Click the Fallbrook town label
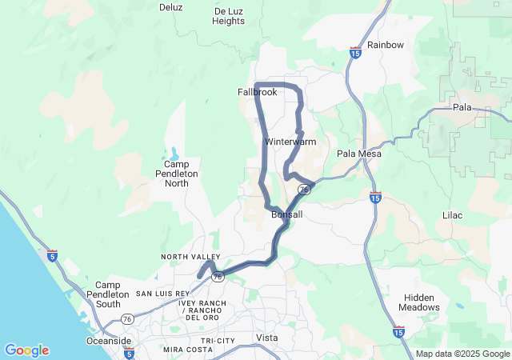[257, 92]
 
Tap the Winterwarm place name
[286, 142]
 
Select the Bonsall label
[287, 215]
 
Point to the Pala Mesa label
[358, 154]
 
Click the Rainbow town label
[386, 45]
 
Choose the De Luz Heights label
[229, 16]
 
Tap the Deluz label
[171, 7]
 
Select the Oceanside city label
[109, 341]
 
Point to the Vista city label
[266, 338]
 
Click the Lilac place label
[452, 216]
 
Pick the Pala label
[462, 107]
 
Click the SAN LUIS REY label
[162, 294]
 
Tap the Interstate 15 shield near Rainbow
[354, 53]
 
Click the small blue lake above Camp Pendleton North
[174, 153]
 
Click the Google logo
[26, 350]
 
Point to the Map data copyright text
[462, 354]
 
